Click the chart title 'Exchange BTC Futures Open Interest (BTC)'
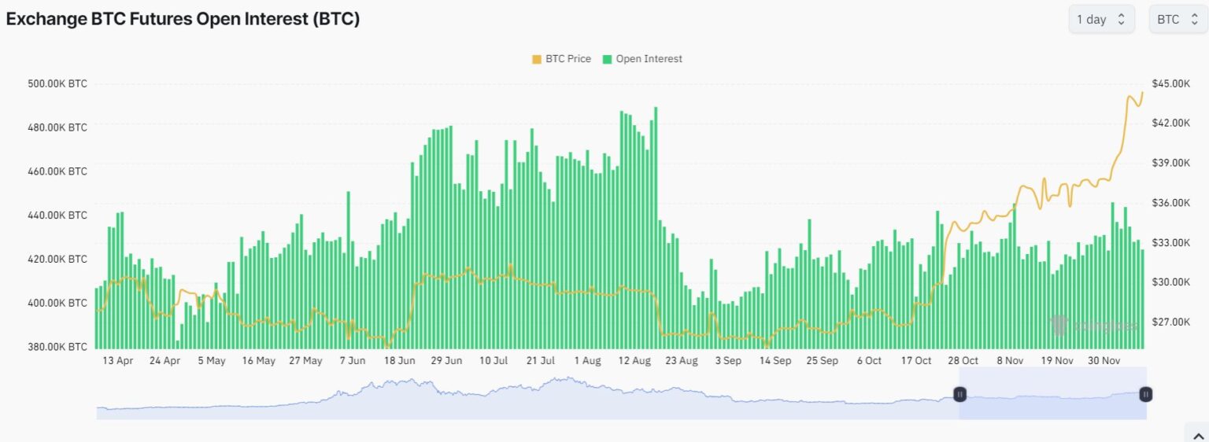tap(183, 19)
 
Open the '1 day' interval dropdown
tap(1100, 20)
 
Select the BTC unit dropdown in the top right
tap(1178, 20)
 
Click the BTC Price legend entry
tap(561, 59)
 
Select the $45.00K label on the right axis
tap(1170, 83)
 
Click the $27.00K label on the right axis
tap(1170, 322)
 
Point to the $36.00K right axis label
tap(1170, 202)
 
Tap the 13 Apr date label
tap(117, 361)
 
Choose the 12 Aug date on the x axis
tap(634, 361)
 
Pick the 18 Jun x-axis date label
tap(399, 361)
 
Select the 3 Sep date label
tap(727, 361)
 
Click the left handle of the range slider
tap(959, 394)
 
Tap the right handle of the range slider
tap(1146, 394)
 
